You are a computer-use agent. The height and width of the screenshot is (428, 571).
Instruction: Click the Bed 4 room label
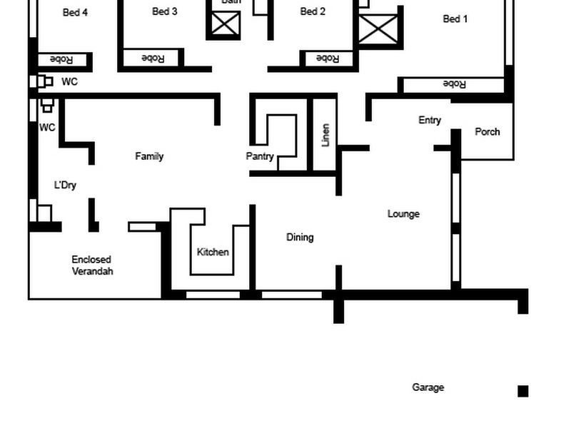pos(75,12)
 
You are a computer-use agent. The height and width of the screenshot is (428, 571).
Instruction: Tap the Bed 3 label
pos(165,11)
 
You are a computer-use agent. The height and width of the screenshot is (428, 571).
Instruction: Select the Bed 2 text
pos(313,11)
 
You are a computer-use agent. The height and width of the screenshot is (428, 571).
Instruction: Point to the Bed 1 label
pos(455,19)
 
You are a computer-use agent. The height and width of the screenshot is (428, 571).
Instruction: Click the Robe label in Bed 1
pos(454,84)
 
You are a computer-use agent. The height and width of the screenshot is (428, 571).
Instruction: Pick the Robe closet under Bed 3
pos(153,58)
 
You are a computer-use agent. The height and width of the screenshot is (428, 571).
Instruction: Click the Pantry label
pos(260,156)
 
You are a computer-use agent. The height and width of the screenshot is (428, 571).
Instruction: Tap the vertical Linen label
pos(325,135)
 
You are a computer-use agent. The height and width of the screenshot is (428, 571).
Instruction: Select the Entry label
pos(430,120)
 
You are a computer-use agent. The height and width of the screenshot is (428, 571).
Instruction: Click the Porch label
pos(487,131)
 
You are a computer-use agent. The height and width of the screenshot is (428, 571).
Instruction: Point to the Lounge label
pos(403,213)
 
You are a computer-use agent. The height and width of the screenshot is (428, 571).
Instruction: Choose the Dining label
pos(300,237)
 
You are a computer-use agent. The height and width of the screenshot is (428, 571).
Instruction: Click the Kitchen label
pos(213,252)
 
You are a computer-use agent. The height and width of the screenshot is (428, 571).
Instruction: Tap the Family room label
pos(149,156)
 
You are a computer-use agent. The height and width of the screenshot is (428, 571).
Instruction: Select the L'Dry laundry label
pos(65,185)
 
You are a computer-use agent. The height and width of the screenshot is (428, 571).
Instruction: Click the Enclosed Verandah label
pos(91,265)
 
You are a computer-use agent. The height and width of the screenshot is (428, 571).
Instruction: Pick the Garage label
pos(428,387)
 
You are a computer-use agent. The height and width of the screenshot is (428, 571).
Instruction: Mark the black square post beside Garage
pos(522,391)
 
